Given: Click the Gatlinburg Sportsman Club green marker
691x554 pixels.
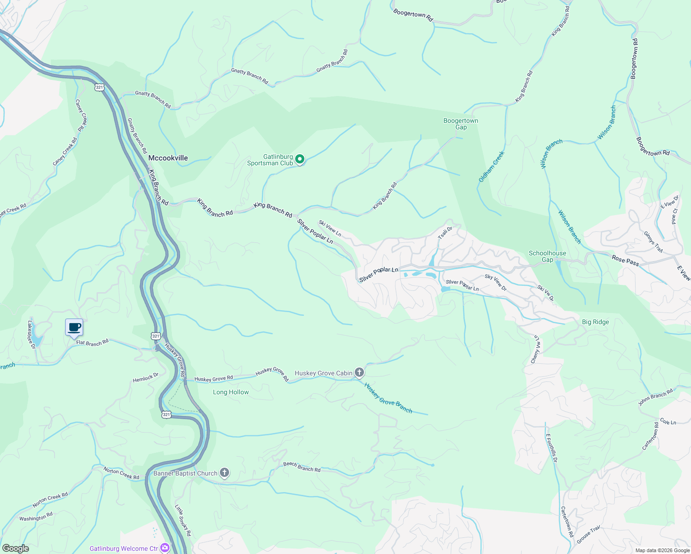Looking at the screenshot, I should [x=300, y=160].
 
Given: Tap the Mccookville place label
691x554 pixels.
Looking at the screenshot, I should [x=168, y=158].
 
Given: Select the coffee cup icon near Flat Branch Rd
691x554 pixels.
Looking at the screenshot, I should [x=74, y=328].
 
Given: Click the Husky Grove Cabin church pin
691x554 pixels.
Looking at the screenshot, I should [x=359, y=373].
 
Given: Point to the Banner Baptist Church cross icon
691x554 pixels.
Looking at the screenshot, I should [x=224, y=473].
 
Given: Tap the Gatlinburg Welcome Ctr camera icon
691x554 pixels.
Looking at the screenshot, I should [x=165, y=548].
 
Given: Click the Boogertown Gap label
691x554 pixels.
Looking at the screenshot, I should [x=461, y=124].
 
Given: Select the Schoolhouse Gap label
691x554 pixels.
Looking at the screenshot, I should [x=547, y=256].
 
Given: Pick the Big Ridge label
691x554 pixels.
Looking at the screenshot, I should [x=595, y=322].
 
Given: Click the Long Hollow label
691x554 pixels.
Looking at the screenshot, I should [x=231, y=392].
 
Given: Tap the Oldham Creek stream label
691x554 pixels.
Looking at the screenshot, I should [x=491, y=167].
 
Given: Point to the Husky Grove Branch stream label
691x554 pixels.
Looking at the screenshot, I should [x=388, y=397].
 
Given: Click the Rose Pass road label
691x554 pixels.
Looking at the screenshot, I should [x=625, y=261].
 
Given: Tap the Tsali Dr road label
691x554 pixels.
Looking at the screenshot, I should [x=445, y=232].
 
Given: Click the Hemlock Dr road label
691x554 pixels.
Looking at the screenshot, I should [x=145, y=378].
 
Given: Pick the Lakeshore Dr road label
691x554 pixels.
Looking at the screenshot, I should [x=31, y=334].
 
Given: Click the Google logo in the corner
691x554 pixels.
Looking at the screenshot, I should [x=15, y=548].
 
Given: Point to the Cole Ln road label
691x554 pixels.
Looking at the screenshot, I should [x=668, y=422].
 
